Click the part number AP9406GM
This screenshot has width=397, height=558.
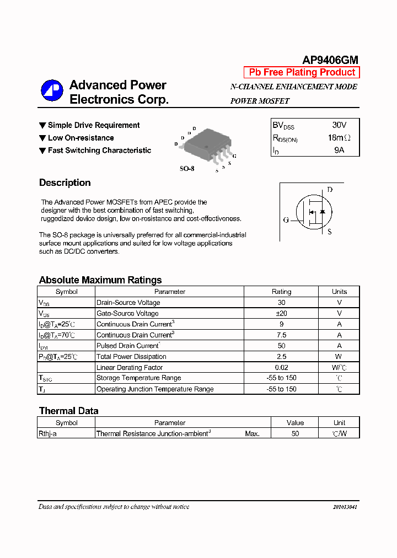330,60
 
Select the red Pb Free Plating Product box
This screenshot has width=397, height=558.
302,72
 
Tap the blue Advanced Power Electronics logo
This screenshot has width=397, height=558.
52,91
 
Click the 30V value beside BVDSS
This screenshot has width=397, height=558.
339,125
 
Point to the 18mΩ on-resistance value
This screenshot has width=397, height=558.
339,138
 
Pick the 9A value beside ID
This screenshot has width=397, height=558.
339,150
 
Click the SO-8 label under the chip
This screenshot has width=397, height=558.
187,168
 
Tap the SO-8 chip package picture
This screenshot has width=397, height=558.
206,146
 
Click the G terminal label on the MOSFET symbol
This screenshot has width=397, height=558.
286,220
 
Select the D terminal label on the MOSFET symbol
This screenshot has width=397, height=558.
330,190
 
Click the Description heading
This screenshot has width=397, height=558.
65,183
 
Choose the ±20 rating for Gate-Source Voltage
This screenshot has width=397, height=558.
282,313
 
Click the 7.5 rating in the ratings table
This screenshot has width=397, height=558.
282,335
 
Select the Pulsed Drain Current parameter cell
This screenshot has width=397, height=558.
128,346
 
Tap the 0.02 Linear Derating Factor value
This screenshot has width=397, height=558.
282,367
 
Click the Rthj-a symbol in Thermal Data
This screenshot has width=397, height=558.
47,433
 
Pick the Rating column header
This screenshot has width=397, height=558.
282,292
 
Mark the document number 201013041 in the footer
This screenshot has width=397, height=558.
345,507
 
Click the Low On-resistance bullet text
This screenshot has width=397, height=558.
81,138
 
